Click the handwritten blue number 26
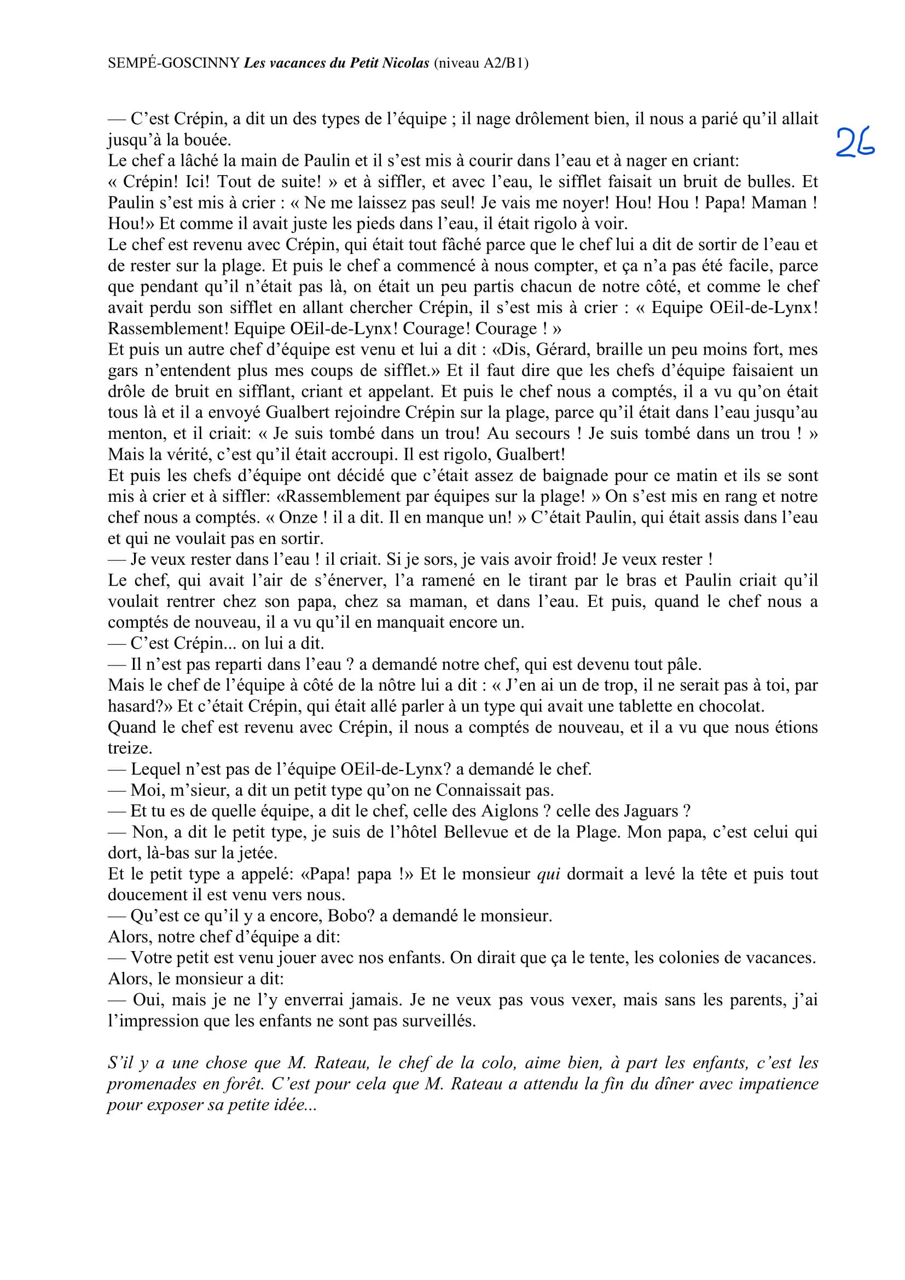click(855, 142)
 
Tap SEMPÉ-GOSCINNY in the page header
click(174, 63)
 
